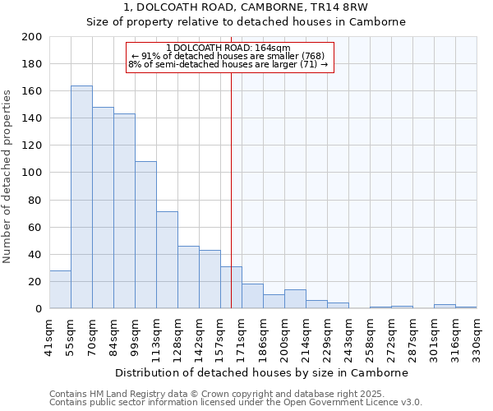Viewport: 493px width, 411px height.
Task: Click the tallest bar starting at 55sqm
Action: tap(81, 197)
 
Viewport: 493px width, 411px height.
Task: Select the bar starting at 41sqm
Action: tap(60, 289)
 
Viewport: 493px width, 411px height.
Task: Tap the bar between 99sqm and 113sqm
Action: tap(145, 235)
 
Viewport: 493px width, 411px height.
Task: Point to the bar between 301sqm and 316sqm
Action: tap(445, 307)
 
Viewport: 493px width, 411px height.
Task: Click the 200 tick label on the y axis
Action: tap(32, 37)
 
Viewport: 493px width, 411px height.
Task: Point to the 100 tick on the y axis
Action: tap(32, 173)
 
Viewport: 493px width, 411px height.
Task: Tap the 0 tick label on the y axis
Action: tap(38, 309)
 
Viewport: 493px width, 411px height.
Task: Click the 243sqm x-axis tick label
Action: tap(348, 335)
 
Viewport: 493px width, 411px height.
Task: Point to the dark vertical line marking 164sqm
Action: tap(231, 164)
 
